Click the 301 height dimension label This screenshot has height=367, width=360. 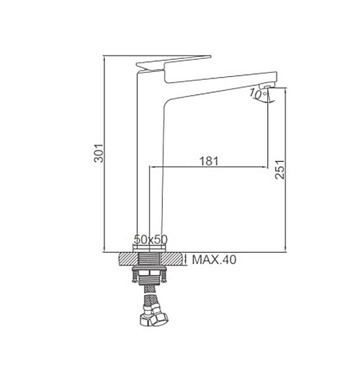coord(99,153)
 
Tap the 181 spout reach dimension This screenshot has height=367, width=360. coord(209,161)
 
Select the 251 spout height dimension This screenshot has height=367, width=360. coord(279,169)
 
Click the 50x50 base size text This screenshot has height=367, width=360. coord(150,239)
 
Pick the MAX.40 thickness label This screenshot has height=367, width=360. coord(214,260)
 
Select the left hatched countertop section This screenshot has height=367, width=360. coord(128,259)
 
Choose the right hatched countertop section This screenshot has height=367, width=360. coord(171,259)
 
